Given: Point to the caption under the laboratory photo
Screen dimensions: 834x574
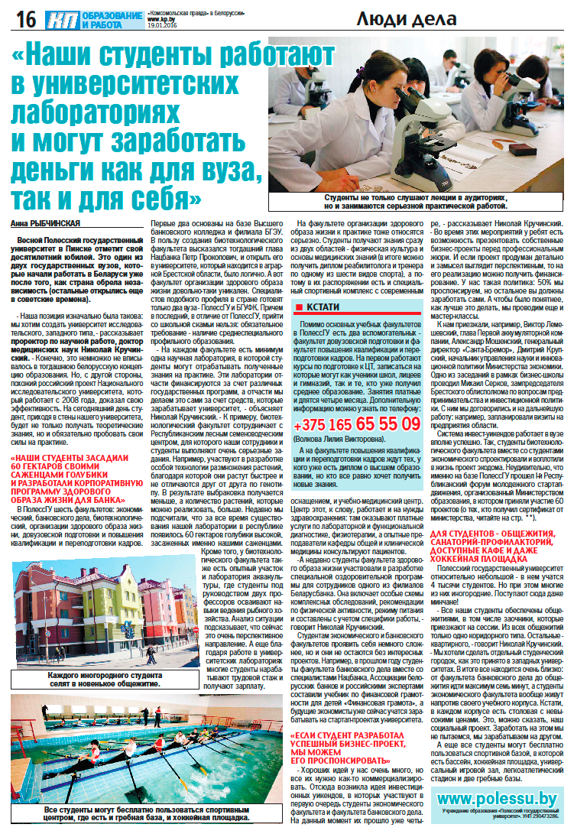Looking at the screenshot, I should coord(415,202).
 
